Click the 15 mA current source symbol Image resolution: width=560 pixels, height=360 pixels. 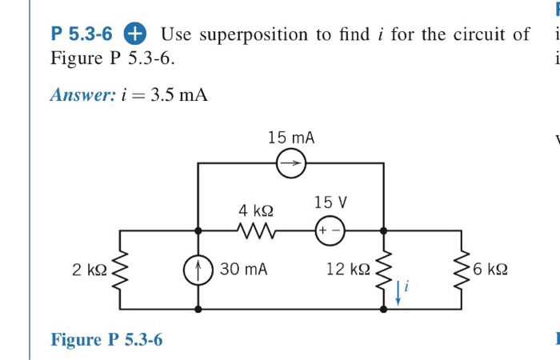291,164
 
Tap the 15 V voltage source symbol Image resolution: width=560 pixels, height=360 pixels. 329,229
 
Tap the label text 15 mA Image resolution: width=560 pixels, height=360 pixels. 291,138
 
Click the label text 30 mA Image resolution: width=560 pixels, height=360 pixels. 243,270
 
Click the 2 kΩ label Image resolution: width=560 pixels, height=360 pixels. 87,270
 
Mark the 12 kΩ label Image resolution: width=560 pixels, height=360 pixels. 346,270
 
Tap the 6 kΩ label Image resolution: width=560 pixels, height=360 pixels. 489,270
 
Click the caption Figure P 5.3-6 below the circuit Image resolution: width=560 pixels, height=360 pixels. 106,340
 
